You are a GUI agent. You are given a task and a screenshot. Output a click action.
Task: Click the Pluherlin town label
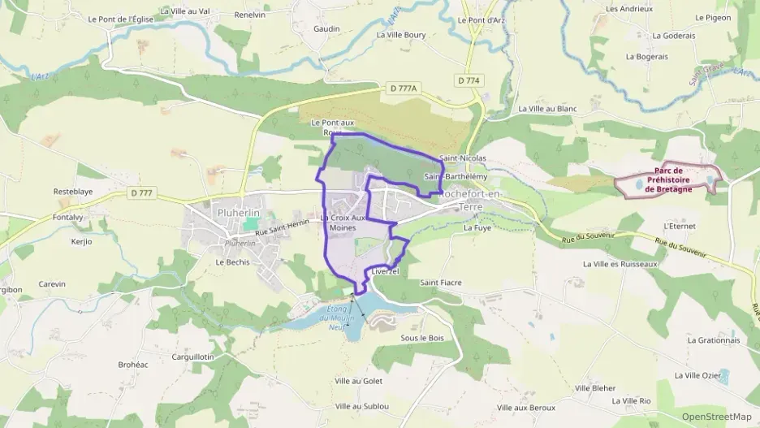215,212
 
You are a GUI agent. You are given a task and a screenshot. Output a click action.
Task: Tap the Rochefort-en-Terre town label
471,201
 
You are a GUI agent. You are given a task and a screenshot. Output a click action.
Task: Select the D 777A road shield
402,88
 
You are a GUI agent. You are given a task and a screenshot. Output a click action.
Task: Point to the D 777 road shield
140,192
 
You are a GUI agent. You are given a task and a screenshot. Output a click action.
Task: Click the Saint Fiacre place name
441,283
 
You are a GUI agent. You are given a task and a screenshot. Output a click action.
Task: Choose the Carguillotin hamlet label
192,357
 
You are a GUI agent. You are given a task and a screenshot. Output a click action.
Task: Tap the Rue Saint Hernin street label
283,231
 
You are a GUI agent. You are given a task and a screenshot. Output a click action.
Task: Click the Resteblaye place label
73,192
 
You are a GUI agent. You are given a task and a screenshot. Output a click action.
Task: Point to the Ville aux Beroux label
526,407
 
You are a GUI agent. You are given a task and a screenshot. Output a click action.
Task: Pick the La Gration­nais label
714,340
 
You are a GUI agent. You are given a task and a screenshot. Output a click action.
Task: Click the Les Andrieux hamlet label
629,9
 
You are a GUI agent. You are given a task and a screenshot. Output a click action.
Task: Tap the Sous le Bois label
423,338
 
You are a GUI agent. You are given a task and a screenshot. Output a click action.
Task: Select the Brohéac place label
133,365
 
